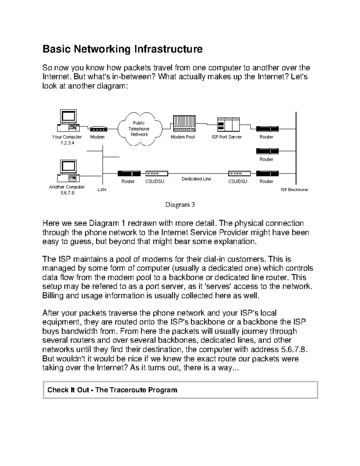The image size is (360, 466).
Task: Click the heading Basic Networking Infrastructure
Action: (122, 49)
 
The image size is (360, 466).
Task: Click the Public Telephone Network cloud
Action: (139, 129)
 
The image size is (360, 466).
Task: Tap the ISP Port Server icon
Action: (228, 124)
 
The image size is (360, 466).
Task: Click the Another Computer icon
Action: (68, 171)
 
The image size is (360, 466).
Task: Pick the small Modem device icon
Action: (98, 129)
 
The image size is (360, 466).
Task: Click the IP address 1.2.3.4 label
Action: (67, 143)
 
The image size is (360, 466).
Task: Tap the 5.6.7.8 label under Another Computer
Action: (67, 193)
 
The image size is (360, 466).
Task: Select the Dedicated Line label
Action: (196, 179)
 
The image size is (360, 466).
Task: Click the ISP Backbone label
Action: (294, 190)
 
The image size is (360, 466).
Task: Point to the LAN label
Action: (102, 190)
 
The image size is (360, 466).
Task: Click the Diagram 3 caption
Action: (180, 205)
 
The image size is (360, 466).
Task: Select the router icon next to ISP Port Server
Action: (267, 129)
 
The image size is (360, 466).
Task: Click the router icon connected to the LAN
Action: (129, 173)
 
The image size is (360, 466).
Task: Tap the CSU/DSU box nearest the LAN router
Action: (157, 173)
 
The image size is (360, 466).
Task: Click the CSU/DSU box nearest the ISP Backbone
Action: (239, 173)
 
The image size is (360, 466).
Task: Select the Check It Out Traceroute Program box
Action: (180, 390)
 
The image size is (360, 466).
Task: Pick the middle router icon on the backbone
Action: (267, 151)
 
